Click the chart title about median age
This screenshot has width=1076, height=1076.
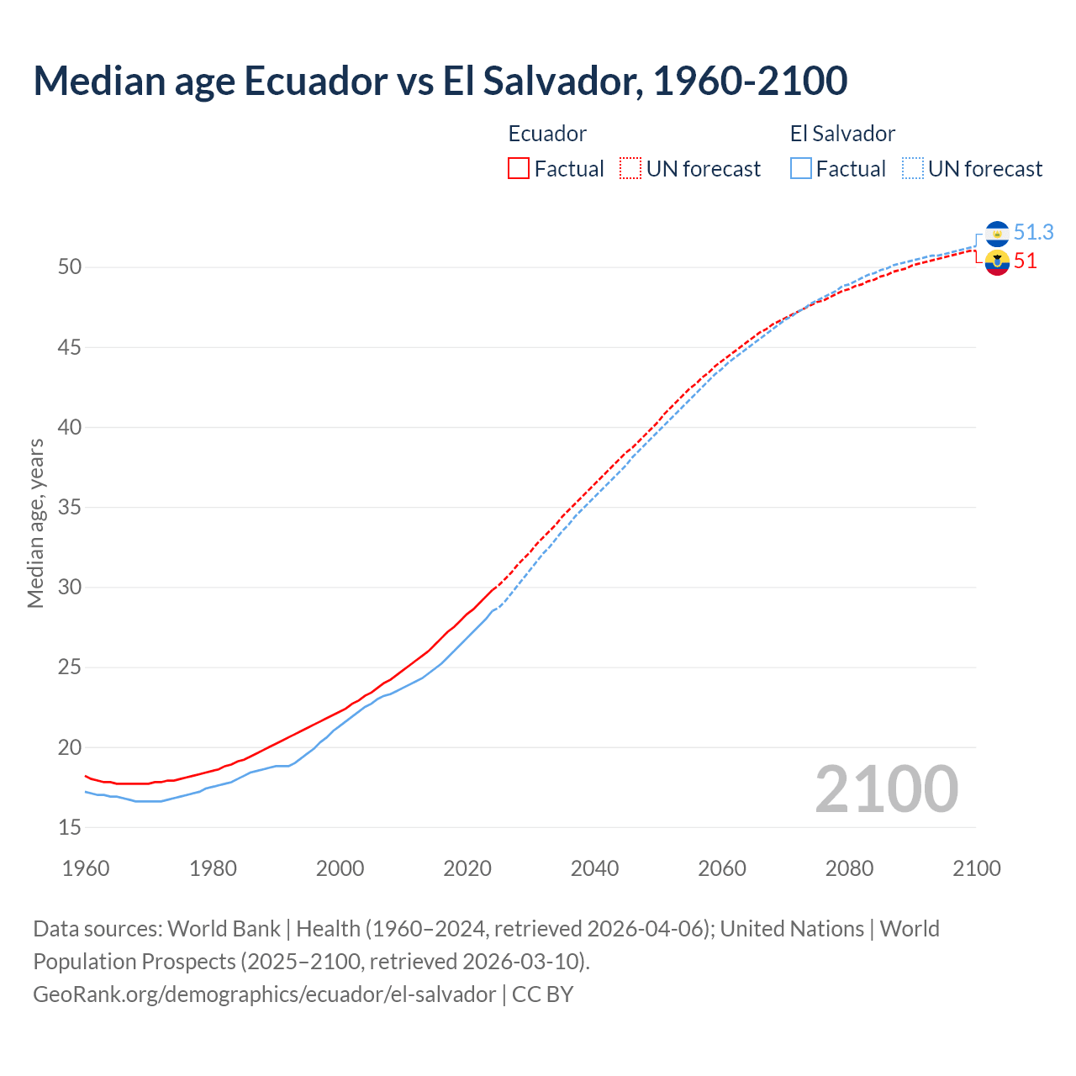coord(440,81)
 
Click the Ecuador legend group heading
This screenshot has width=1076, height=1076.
coord(547,134)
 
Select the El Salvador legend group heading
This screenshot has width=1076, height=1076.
coord(842,134)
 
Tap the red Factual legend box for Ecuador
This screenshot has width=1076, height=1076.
coord(519,169)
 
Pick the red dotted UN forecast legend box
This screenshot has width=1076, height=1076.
coord(630,169)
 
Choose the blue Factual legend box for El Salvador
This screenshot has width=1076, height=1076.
coord(801,169)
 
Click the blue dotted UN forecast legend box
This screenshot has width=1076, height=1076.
coord(913,169)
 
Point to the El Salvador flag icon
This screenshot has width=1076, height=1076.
coord(997,233)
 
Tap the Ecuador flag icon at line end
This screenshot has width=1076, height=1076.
coord(997,262)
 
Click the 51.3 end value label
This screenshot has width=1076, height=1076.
coord(1033,232)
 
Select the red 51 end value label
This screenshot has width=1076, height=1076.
coord(1025,261)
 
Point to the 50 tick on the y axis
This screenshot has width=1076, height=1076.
coord(70,267)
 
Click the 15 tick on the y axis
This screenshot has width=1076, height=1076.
coord(70,828)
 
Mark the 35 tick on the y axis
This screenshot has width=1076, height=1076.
coord(70,508)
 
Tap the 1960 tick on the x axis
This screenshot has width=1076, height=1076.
coord(86,868)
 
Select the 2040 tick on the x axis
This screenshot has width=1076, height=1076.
coord(594,868)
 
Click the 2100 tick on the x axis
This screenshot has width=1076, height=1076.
coord(976,868)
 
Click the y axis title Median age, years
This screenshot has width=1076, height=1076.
coord(35,523)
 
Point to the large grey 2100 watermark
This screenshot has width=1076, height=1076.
coord(886,789)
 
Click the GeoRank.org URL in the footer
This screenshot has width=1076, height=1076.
coord(264,994)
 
